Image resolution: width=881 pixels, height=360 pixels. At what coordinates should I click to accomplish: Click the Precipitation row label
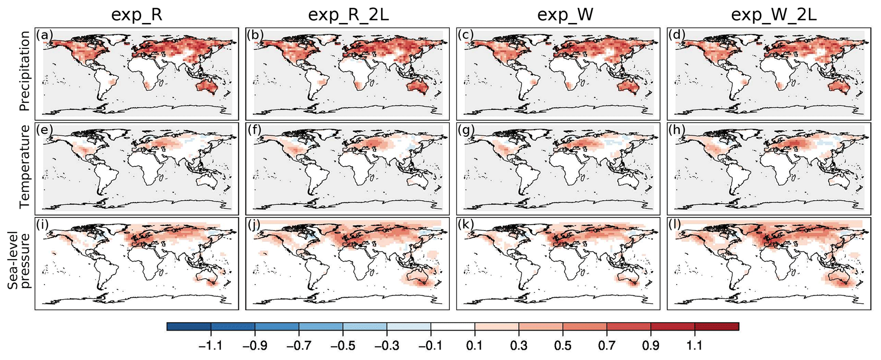tap(25, 71)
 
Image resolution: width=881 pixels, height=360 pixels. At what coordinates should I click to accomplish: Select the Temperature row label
tap(25, 167)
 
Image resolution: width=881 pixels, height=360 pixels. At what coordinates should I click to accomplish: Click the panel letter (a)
tap(44, 35)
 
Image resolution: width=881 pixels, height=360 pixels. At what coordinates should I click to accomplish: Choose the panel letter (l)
tap(676, 225)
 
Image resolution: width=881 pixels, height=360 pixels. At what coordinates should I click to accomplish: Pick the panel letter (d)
tap(677, 35)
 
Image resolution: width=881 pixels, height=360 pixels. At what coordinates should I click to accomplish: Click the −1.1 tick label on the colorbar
tap(210, 346)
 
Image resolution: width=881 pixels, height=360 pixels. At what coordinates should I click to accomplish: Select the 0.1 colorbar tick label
tap(475, 346)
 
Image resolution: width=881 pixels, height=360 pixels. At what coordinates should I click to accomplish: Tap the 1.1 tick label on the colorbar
tap(695, 346)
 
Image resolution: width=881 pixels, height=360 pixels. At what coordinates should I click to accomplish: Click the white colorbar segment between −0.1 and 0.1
tap(453, 326)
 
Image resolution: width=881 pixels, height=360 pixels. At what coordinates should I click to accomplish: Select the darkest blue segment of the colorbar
tap(189, 326)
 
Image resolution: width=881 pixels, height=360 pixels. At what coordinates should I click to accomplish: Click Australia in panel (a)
tap(206, 88)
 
